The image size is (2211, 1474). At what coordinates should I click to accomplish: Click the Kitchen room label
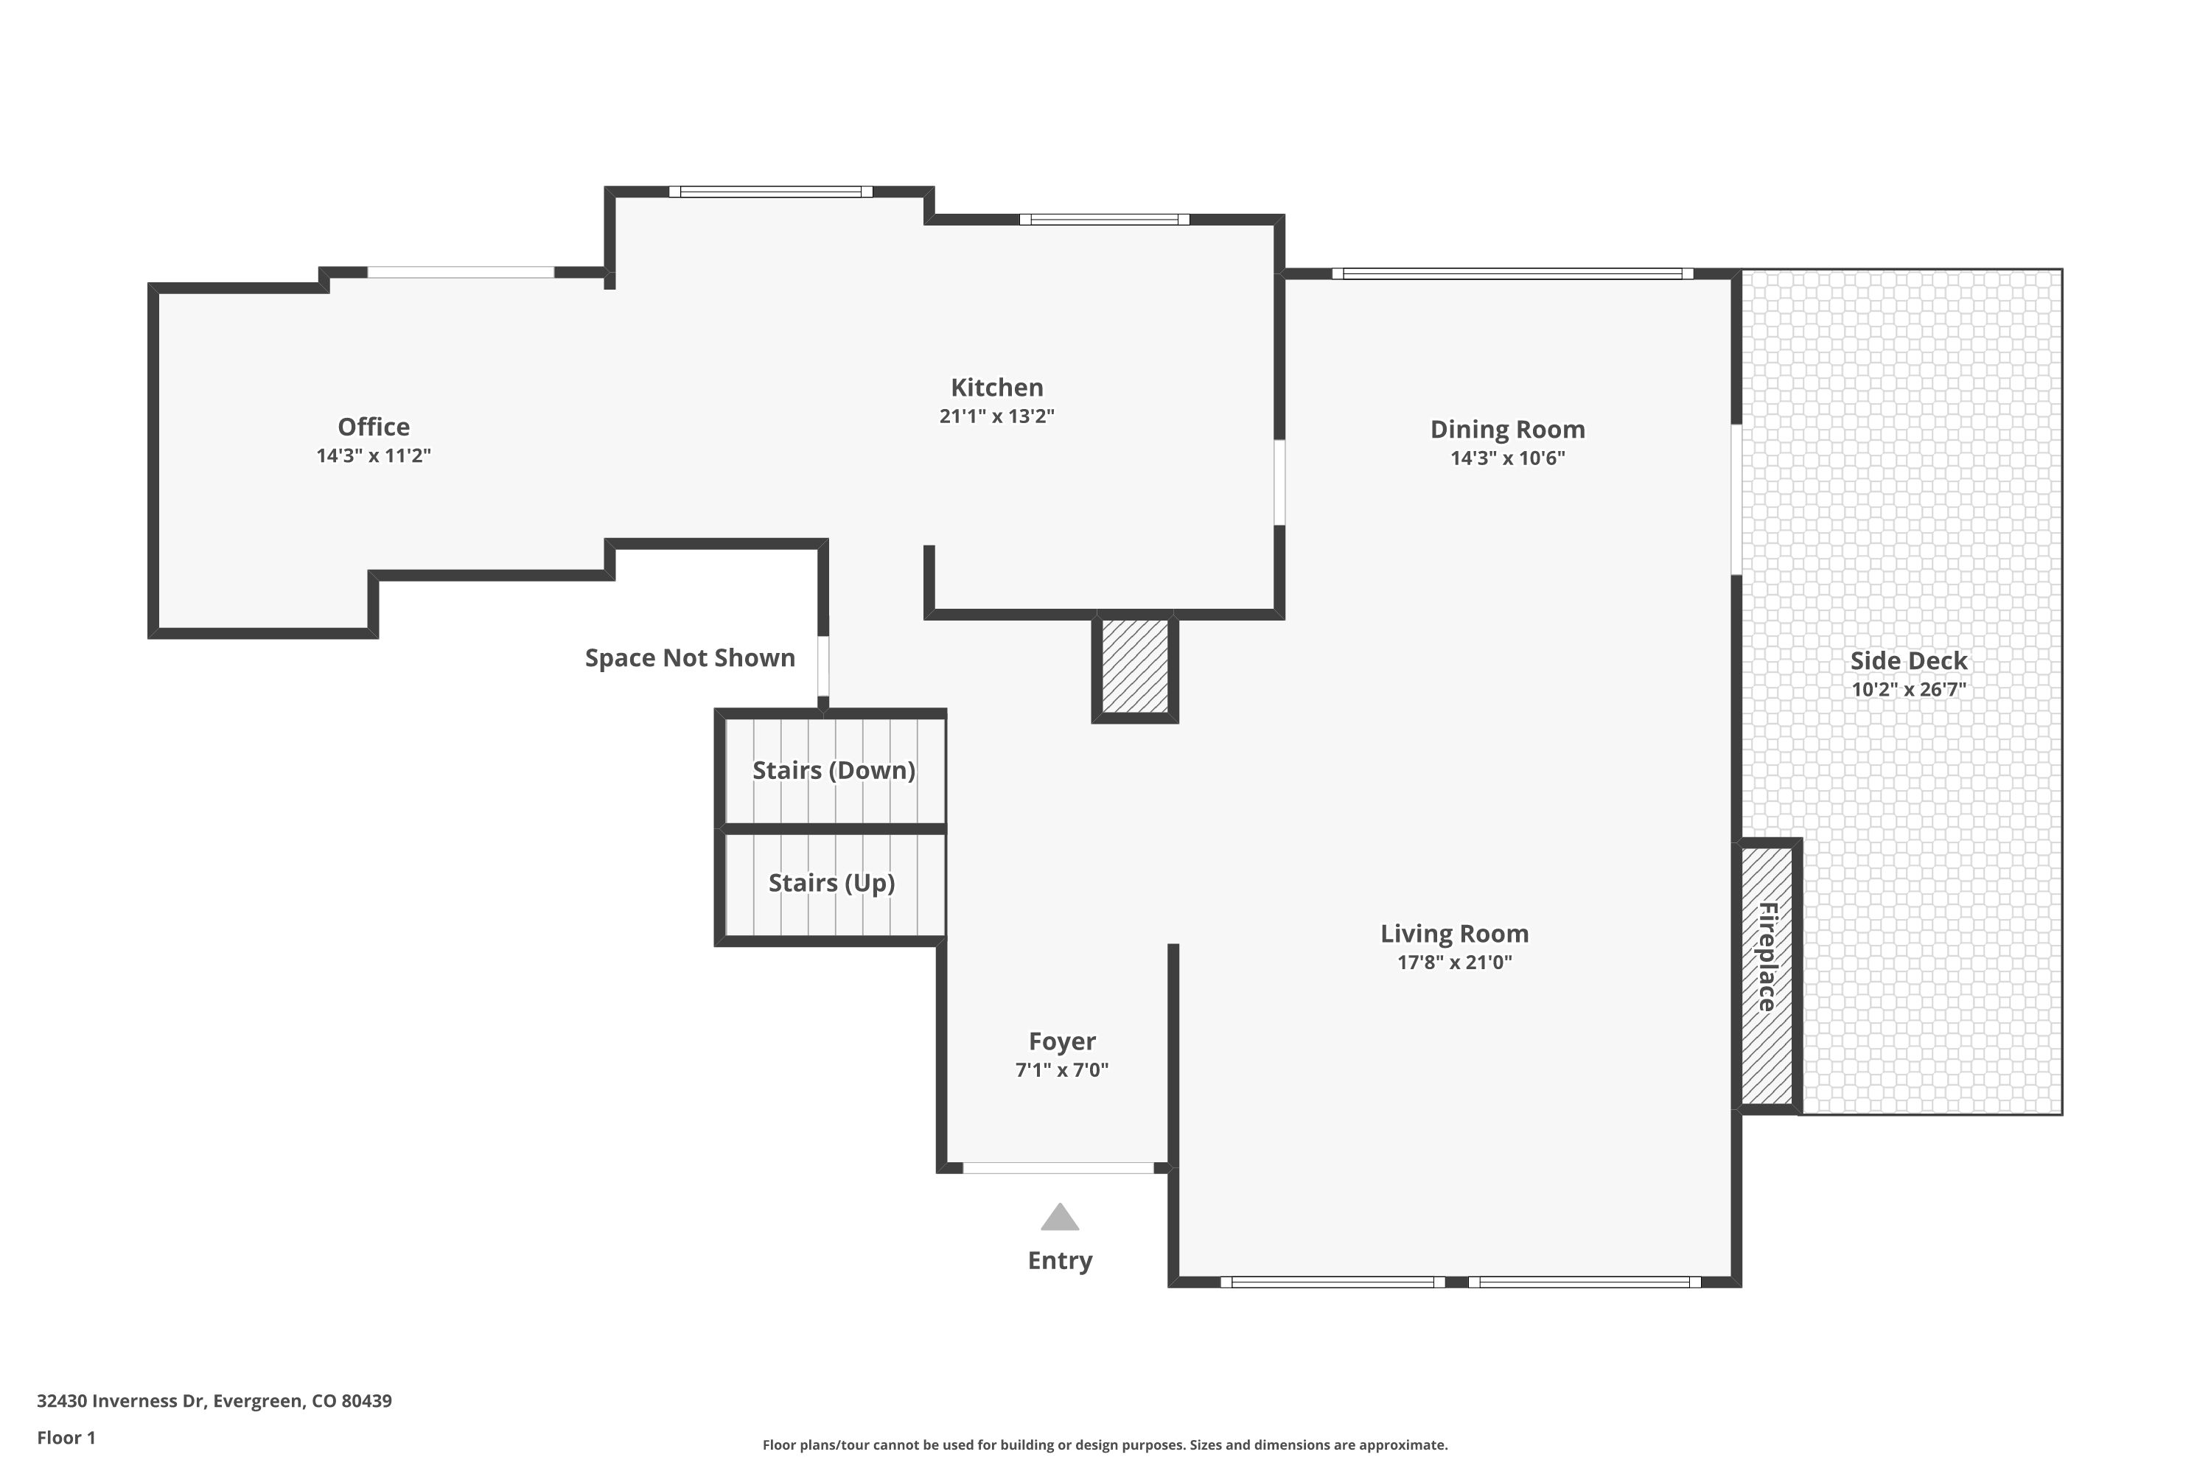pyautogui.click(x=996, y=388)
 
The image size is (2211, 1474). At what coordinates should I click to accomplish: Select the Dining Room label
pyautogui.click(x=1507, y=430)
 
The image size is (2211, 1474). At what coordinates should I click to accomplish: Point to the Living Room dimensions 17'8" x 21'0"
pyautogui.click(x=1454, y=963)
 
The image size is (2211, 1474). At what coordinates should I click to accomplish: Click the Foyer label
pyautogui.click(x=1061, y=1041)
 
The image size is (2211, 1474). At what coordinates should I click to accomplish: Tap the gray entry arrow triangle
pyautogui.click(x=1060, y=1218)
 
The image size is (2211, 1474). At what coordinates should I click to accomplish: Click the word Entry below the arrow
pyautogui.click(x=1060, y=1260)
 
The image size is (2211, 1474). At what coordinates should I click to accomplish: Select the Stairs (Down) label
pyautogui.click(x=833, y=771)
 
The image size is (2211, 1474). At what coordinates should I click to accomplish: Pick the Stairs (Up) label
pyautogui.click(x=831, y=884)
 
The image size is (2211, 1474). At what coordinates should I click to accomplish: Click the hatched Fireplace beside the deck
pyautogui.click(x=1767, y=976)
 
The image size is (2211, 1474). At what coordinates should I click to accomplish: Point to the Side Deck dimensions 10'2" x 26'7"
pyautogui.click(x=1908, y=689)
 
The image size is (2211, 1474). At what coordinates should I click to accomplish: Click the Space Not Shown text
pyautogui.click(x=689, y=658)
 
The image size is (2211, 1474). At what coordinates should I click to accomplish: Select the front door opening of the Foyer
pyautogui.click(x=1058, y=1168)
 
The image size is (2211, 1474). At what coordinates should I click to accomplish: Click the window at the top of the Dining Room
pyautogui.click(x=1512, y=274)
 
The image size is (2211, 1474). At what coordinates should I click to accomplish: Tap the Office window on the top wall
pyautogui.click(x=461, y=273)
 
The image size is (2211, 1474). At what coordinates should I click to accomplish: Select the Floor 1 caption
pyautogui.click(x=66, y=1437)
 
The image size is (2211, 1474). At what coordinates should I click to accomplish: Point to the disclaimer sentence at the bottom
pyautogui.click(x=1105, y=1445)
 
